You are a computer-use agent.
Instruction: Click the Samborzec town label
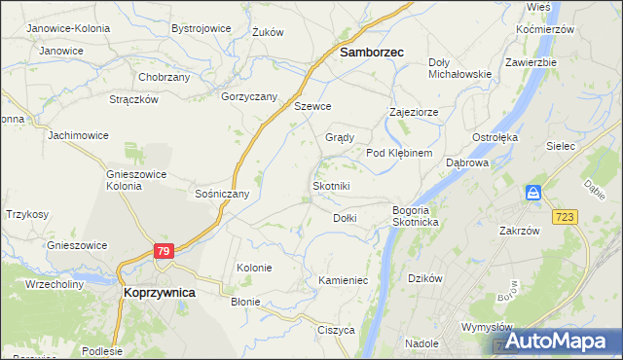click(x=371, y=54)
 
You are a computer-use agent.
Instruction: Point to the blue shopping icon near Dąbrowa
click(x=533, y=193)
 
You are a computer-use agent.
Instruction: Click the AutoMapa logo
click(x=556, y=342)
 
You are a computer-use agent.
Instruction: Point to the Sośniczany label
click(x=223, y=194)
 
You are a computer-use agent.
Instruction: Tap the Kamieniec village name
click(x=342, y=280)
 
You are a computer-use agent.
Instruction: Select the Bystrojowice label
click(x=201, y=28)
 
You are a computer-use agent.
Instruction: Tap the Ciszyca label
click(x=336, y=330)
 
